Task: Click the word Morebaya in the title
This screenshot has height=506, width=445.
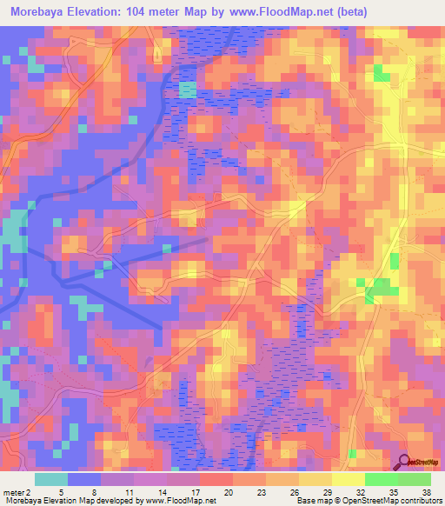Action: pyautogui.click(x=43, y=12)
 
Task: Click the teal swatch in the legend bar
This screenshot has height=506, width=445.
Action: pyautogui.click(x=51, y=479)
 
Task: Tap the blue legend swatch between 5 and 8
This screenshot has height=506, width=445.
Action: pyautogui.click(x=84, y=479)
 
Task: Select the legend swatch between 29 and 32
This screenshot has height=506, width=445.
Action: pyautogui.click(x=349, y=479)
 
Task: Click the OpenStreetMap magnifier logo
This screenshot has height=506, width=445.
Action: pyautogui.click(x=406, y=462)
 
